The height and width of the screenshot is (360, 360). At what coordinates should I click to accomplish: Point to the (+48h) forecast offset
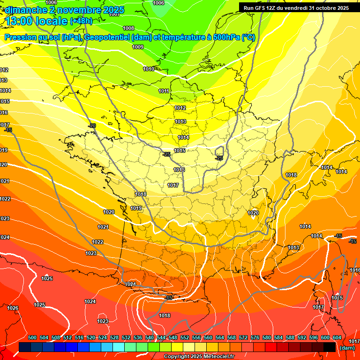point(81,21)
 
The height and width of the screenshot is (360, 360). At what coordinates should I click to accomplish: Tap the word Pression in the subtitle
point(20,38)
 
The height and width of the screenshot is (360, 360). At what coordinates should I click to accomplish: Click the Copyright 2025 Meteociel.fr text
point(199,357)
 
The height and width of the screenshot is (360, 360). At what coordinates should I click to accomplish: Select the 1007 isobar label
point(114,14)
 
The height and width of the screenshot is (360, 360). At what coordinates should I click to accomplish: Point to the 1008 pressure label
point(128,28)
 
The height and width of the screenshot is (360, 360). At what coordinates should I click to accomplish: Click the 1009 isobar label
point(138,47)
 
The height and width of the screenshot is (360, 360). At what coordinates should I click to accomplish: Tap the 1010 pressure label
point(149,69)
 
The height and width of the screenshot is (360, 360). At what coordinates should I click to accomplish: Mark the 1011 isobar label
point(164,91)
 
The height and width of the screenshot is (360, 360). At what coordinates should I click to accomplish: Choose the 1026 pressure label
point(13,308)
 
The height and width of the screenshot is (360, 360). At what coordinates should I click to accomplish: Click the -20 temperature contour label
point(92,126)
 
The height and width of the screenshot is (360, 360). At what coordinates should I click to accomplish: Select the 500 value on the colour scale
point(32,338)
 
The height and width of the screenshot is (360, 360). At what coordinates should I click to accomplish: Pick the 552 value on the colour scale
point(184,338)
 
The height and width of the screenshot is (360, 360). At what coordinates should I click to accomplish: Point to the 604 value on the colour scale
point(337,338)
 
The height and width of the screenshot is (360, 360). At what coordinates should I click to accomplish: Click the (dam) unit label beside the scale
point(347,348)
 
